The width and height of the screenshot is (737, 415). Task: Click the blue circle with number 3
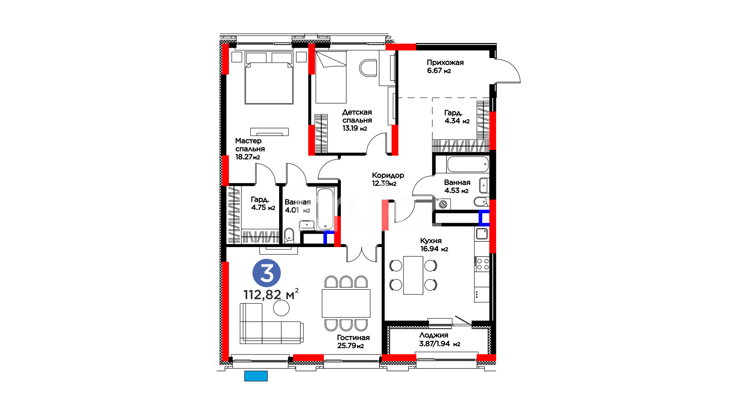point(266,273)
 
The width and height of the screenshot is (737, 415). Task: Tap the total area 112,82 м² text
point(271,294)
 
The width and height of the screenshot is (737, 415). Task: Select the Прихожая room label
point(445,63)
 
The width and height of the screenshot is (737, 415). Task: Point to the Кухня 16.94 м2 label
point(434,245)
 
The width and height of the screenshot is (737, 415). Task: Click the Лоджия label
point(434,335)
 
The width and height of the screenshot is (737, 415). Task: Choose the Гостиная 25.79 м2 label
point(353,342)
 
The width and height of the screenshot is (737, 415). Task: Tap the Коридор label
point(388,175)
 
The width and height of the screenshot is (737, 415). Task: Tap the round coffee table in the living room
point(281,308)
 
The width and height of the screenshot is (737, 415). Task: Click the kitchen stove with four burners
point(482,264)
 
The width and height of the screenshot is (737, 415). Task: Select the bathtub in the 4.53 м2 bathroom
point(468,164)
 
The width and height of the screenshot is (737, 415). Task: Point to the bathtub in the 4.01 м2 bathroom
point(326,209)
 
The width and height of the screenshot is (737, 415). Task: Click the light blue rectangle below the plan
point(256,376)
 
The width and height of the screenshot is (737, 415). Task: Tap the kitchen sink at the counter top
point(482,233)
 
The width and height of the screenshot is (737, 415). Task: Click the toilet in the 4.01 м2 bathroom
point(289,236)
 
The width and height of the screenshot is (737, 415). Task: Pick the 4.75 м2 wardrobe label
point(263,204)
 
